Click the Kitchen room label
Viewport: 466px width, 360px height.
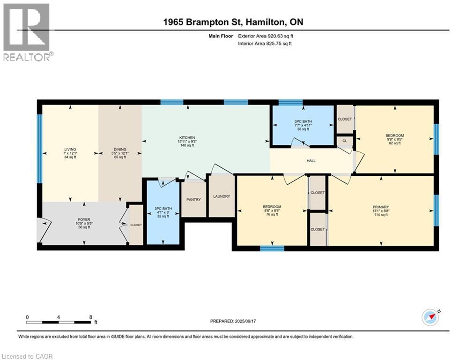(x=187, y=138)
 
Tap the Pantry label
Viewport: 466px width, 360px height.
(x=193, y=200)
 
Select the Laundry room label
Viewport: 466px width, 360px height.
(x=222, y=196)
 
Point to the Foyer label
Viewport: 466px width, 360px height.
(x=84, y=219)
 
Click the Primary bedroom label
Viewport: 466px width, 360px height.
(x=381, y=207)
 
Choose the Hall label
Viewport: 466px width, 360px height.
(x=311, y=161)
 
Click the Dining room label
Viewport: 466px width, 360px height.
(x=120, y=150)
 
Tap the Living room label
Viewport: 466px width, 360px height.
(x=70, y=150)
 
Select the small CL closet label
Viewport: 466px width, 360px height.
(x=345, y=141)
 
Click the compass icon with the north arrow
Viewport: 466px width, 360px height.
(x=430, y=317)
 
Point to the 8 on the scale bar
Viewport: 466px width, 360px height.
(x=91, y=317)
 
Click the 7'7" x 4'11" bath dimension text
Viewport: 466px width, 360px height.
(x=303, y=125)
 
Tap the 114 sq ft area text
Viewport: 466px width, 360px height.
(x=381, y=215)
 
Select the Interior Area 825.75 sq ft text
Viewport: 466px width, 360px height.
(x=265, y=44)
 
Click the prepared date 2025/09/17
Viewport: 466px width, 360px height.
(x=245, y=321)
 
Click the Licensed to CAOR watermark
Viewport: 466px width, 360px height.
(x=27, y=356)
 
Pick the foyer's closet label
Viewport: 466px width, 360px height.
(x=136, y=225)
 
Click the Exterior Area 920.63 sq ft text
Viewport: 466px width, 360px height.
(x=266, y=36)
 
